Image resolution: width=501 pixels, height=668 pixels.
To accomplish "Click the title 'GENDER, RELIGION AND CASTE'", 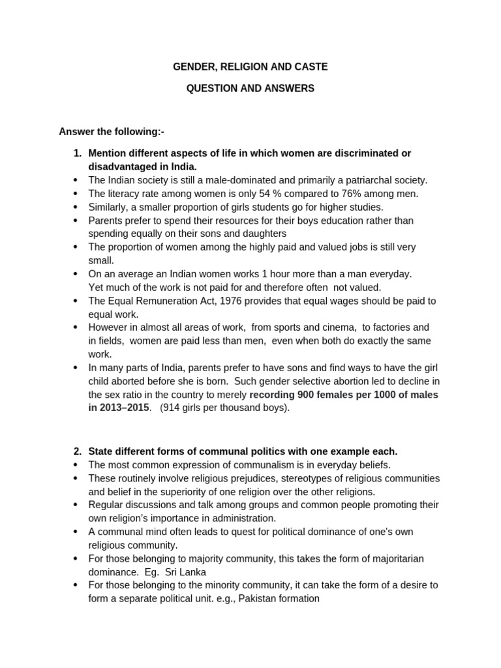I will click(250, 67).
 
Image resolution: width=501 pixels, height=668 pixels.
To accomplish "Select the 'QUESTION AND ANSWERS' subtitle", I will click(250, 88).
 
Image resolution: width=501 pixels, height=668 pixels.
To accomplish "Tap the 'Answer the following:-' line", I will click(112, 132).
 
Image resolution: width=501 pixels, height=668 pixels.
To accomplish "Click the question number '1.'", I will click(78, 153).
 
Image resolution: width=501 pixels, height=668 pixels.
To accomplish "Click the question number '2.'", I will click(78, 451).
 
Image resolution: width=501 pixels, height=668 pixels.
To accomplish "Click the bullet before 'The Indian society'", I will click(76, 180).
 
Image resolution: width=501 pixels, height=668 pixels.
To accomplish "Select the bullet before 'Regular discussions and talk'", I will click(76, 505).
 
